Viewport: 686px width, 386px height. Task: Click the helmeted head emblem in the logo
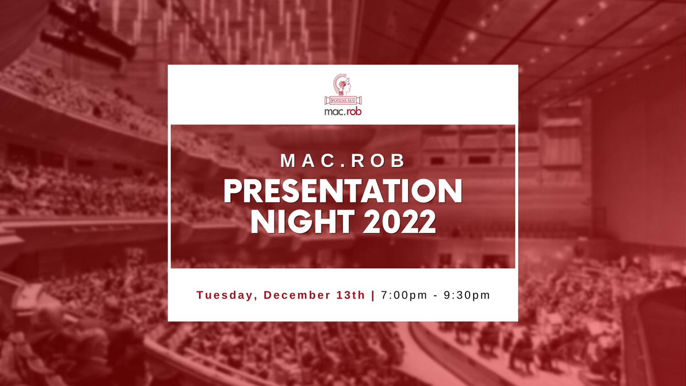342,85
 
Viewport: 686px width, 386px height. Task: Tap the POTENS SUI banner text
343,101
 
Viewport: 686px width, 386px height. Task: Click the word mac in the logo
334,112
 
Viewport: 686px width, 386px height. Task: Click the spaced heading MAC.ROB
343,161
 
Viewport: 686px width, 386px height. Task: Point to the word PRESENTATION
343,191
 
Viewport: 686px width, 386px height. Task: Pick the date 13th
351,295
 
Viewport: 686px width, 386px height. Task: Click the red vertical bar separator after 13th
373,295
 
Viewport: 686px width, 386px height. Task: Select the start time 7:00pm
404,295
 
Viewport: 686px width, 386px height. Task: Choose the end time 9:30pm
467,295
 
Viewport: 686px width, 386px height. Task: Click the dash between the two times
435,296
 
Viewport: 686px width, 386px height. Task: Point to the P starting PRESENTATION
232,191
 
